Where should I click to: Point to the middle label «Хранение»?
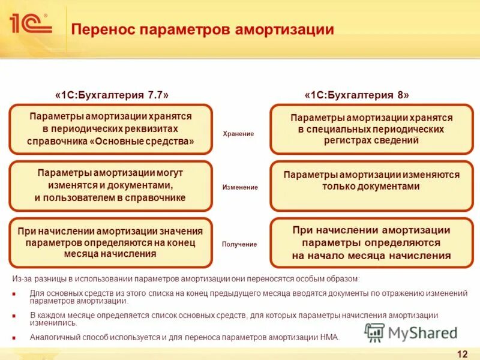(x=239, y=134)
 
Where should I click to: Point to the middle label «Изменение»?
(x=239, y=187)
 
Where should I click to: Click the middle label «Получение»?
(x=239, y=244)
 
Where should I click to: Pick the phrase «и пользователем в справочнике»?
(x=110, y=197)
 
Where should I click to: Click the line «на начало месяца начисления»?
(x=371, y=256)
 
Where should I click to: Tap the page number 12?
(x=462, y=353)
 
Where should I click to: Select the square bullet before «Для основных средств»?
(x=14, y=293)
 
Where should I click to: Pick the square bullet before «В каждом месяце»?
(x=14, y=315)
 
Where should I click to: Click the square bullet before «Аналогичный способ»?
(x=14, y=337)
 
